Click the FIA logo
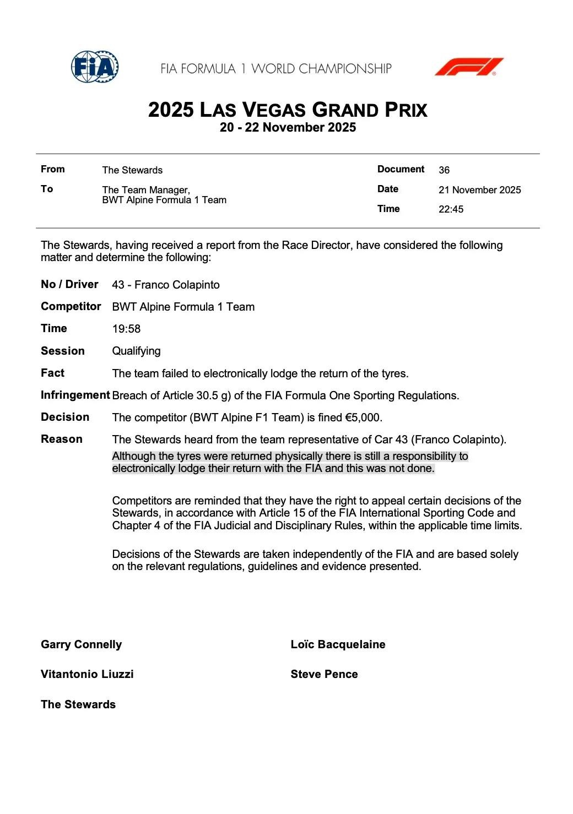[x=95, y=67]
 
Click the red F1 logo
[x=469, y=67]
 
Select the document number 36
[x=444, y=170]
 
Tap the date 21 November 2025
[x=479, y=190]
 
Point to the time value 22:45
[x=451, y=209]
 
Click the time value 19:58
[x=126, y=329]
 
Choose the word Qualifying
[x=136, y=351]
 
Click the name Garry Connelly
[x=81, y=644]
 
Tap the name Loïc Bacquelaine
[x=338, y=644]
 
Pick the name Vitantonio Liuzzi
[x=87, y=674]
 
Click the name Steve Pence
[x=324, y=674]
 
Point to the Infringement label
[x=75, y=395]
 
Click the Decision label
[x=65, y=417]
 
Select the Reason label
[x=62, y=439]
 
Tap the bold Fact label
[x=52, y=373]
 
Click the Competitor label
[x=71, y=306]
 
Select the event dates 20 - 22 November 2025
[x=288, y=128]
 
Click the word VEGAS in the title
[x=274, y=110]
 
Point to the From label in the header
[x=52, y=169]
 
